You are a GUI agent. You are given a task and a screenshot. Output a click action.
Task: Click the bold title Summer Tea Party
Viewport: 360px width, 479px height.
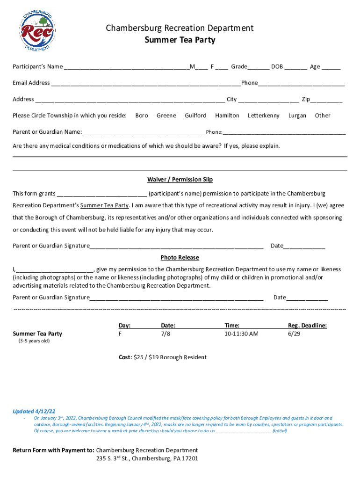(x=180, y=40)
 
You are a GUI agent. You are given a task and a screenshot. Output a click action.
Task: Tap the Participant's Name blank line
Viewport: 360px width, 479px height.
(x=126, y=67)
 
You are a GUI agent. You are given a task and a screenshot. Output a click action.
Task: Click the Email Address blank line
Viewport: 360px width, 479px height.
(x=146, y=84)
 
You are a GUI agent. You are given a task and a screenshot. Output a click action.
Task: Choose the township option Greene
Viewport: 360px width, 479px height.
(x=166, y=116)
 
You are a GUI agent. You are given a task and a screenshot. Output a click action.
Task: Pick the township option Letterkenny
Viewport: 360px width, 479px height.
(x=264, y=116)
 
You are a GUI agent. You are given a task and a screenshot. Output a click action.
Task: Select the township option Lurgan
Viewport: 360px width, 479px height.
(x=297, y=116)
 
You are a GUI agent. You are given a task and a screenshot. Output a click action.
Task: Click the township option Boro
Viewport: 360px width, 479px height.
(x=142, y=116)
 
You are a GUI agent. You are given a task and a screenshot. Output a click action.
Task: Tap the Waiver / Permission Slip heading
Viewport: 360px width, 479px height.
(x=180, y=180)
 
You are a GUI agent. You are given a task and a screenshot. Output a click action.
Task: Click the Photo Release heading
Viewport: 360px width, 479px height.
(x=180, y=258)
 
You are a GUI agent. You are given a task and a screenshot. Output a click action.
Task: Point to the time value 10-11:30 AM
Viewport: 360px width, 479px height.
(x=241, y=334)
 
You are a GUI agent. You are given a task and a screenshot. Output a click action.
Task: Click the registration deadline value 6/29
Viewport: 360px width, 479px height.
(x=294, y=334)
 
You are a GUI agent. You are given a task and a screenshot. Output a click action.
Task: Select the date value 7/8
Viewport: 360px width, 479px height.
(x=166, y=334)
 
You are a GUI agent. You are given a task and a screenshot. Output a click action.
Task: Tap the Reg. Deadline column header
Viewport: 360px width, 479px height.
(x=307, y=326)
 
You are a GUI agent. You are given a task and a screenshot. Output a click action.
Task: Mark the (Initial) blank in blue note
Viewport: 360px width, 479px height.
(x=244, y=431)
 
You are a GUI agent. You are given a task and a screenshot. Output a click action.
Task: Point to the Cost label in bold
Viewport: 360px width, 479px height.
(x=124, y=357)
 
